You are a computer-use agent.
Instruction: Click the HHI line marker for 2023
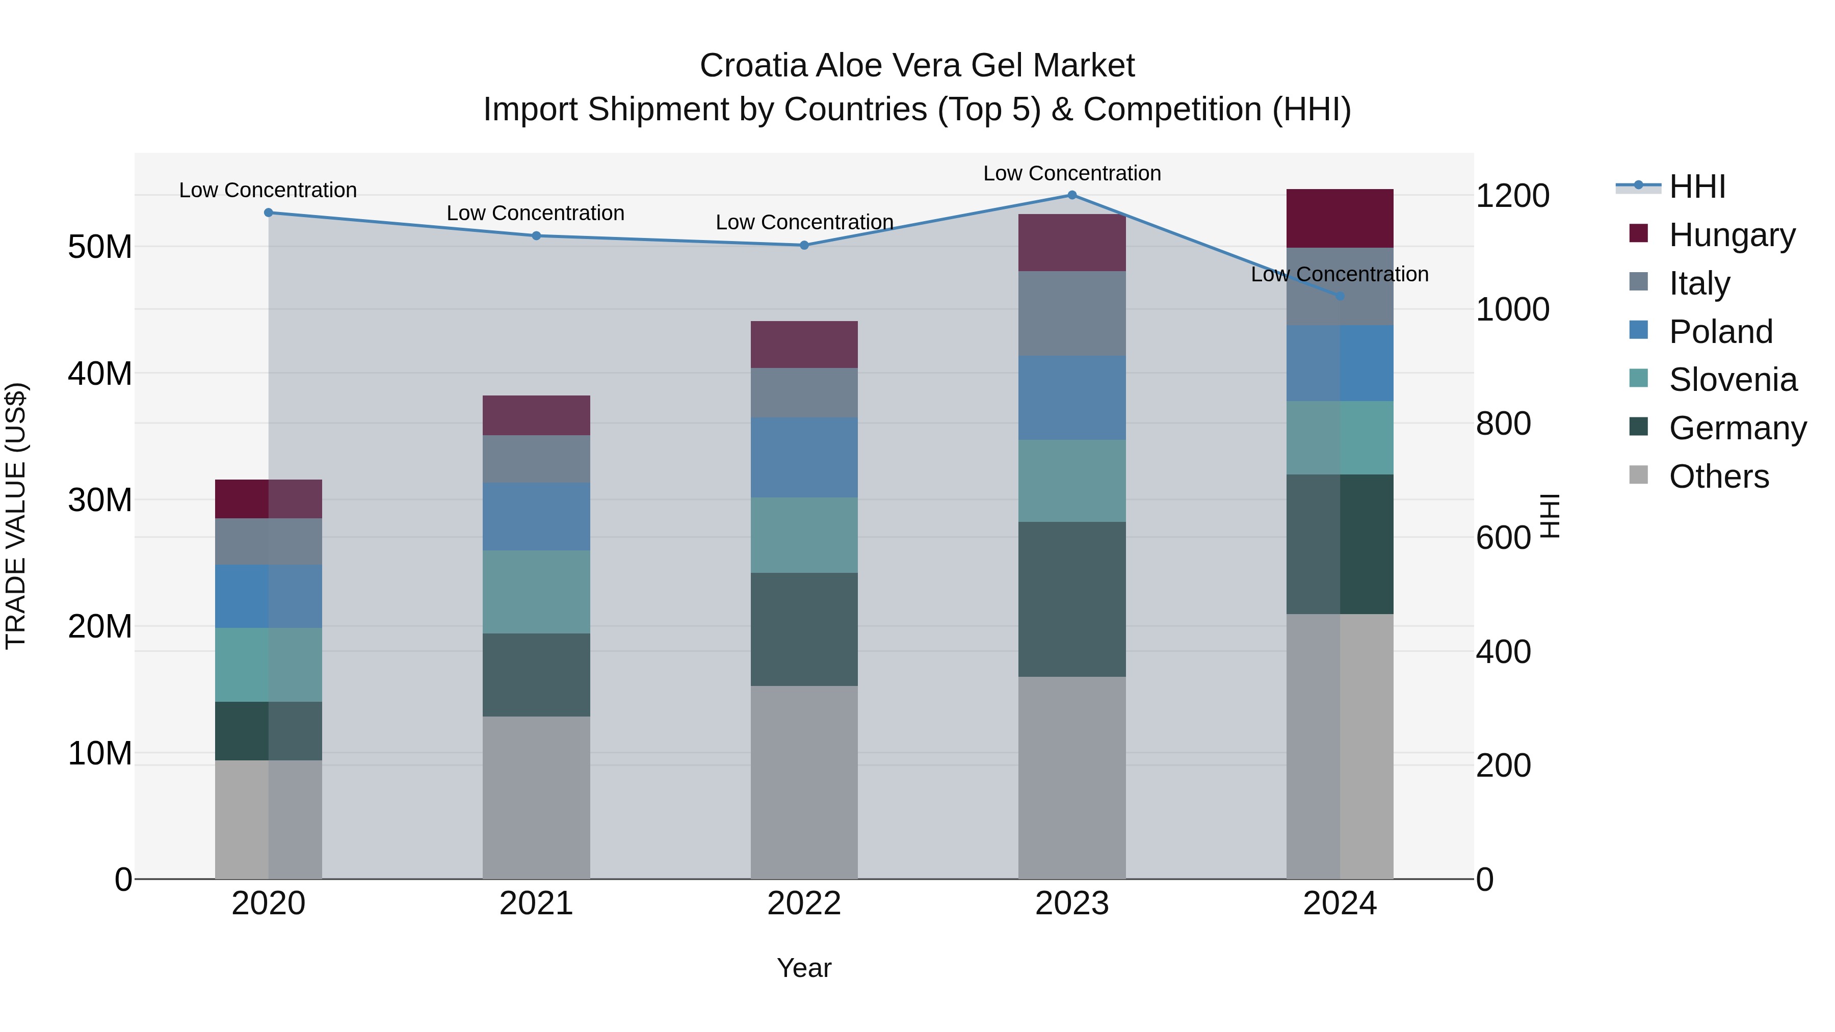[x=1071, y=195]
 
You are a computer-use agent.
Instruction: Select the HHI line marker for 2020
[x=269, y=212]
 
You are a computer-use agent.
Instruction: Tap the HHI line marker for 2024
[x=1340, y=296]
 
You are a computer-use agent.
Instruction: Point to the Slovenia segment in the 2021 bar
[x=536, y=591]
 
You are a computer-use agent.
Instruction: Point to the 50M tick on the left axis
[x=100, y=247]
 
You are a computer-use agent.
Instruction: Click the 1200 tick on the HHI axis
[x=1512, y=196]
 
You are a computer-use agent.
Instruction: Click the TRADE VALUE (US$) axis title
[x=16, y=516]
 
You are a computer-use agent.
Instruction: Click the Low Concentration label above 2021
[x=535, y=213]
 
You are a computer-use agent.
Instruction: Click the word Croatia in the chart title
[x=754, y=66]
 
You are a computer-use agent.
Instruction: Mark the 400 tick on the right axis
[x=1503, y=652]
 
